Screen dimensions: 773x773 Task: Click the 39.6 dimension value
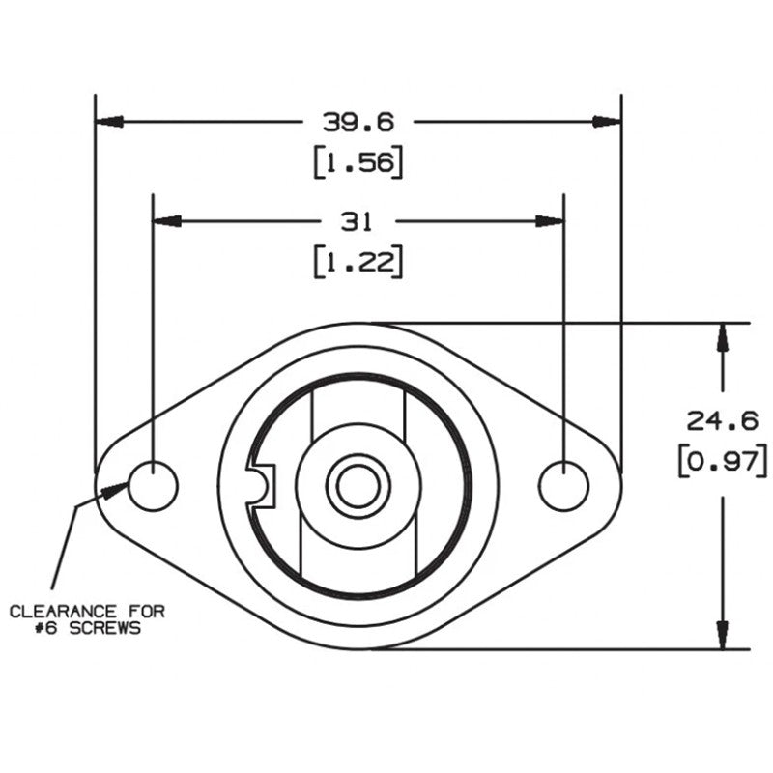click(358, 123)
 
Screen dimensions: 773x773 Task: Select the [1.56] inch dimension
click(358, 163)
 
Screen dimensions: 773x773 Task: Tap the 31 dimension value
click(358, 221)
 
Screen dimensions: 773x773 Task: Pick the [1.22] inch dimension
click(358, 262)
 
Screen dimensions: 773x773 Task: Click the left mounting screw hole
click(153, 485)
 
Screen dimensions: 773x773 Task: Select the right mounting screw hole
click(563, 485)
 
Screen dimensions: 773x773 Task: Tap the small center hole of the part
click(357, 486)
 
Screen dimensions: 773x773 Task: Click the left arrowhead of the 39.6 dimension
click(109, 122)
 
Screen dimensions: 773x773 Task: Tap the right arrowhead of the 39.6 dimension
click(606, 122)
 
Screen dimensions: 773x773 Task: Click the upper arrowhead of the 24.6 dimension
click(721, 336)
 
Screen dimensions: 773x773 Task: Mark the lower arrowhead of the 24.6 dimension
click(721, 635)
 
